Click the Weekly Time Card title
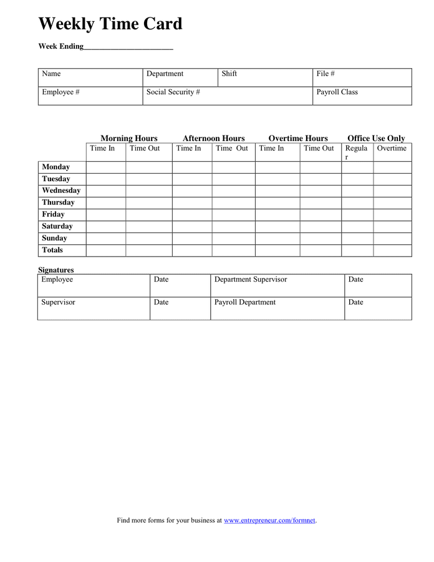click(110, 24)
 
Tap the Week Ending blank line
click(128, 47)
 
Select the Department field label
click(165, 74)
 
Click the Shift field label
click(229, 74)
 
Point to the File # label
click(325, 74)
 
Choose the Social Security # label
click(173, 92)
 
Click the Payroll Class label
click(337, 92)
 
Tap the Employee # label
click(60, 92)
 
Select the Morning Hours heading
click(129, 139)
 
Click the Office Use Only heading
click(376, 139)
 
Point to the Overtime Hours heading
click(298, 139)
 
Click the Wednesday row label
click(61, 190)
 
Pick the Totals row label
click(52, 250)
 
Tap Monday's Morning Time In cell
click(106, 167)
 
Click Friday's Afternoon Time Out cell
click(233, 214)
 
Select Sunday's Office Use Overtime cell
click(392, 238)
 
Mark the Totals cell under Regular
click(357, 250)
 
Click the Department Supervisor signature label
click(251, 280)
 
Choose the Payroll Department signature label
click(244, 302)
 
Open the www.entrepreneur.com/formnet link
click(269, 520)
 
